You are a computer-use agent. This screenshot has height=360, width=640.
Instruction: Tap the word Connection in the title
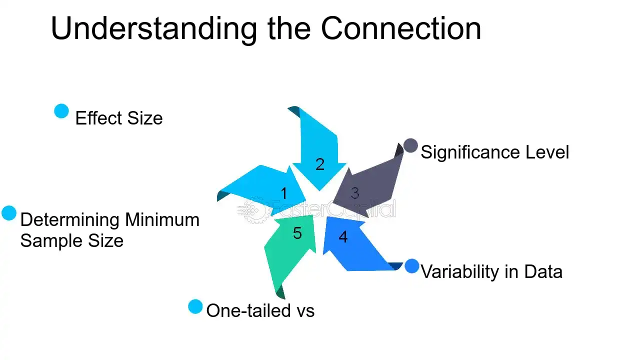click(x=400, y=29)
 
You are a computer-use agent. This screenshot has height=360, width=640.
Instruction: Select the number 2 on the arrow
click(x=320, y=164)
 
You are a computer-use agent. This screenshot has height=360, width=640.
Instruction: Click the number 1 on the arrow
click(x=284, y=193)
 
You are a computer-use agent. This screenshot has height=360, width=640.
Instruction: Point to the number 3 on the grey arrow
click(x=354, y=193)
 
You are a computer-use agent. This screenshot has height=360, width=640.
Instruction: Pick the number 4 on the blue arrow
click(x=343, y=236)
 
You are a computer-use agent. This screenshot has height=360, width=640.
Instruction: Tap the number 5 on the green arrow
click(x=297, y=233)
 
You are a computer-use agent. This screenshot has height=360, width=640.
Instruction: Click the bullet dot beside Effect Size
click(x=61, y=111)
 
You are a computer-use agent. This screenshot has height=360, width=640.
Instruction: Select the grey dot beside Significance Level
click(x=410, y=145)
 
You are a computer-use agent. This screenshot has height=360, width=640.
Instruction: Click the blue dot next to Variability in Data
click(x=412, y=266)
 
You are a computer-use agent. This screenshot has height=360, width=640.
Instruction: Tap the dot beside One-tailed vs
click(x=195, y=306)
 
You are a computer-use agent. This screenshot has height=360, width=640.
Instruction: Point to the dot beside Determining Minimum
click(x=9, y=213)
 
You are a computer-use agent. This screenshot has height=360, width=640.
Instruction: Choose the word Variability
click(x=459, y=271)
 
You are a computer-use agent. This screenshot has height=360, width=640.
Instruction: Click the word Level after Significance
click(x=549, y=152)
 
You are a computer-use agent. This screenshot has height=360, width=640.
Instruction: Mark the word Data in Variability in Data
click(x=543, y=271)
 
